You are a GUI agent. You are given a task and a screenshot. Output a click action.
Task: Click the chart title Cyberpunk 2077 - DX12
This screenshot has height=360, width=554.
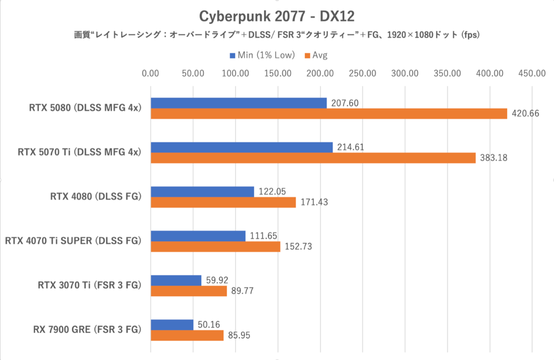coord(277,16)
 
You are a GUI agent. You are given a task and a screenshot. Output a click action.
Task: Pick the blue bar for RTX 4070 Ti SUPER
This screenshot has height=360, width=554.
coord(198,236)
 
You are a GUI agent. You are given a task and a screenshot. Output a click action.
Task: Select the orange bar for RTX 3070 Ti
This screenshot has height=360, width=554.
coord(189,291)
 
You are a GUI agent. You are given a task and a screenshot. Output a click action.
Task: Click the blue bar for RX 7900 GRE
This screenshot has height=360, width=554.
coord(172,324)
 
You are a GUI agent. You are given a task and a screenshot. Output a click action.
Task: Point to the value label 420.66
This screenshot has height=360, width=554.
coord(525,114)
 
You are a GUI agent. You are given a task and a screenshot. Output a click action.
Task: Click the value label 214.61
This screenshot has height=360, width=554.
coord(350,147)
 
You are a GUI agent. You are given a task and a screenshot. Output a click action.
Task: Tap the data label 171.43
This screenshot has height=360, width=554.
coord(313,202)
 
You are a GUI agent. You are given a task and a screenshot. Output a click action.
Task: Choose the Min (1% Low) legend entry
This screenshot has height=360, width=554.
coord(262,55)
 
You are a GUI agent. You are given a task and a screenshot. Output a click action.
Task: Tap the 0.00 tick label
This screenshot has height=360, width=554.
coord(151,73)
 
